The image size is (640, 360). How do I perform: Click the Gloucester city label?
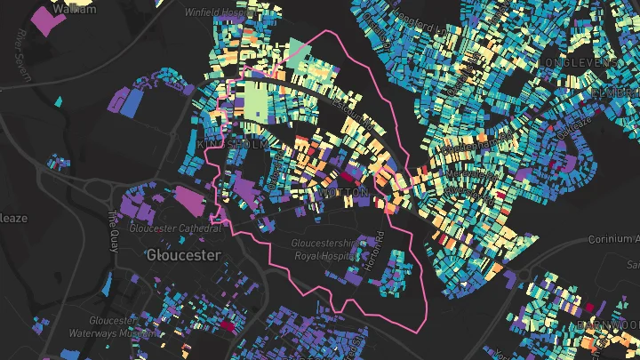182,255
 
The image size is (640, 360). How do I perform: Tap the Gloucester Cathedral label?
174,228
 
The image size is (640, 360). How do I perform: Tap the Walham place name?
73,7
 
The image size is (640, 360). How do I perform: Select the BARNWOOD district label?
613,325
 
